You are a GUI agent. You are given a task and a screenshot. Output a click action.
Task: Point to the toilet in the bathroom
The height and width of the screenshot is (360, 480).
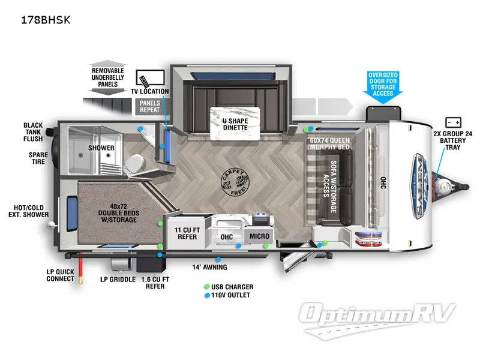(x=136, y=163)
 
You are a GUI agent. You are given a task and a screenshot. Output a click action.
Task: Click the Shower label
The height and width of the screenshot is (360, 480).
(x=101, y=148)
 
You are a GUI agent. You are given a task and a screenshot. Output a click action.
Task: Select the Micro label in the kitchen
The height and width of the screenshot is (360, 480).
(x=259, y=236)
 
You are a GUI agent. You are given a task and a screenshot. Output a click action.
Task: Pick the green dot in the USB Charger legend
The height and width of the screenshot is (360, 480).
(x=207, y=287)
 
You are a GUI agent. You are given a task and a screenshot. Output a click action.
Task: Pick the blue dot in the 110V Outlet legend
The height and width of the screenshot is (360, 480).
(x=207, y=295)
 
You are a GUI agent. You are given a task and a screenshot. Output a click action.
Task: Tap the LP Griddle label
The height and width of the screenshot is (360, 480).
(x=117, y=280)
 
